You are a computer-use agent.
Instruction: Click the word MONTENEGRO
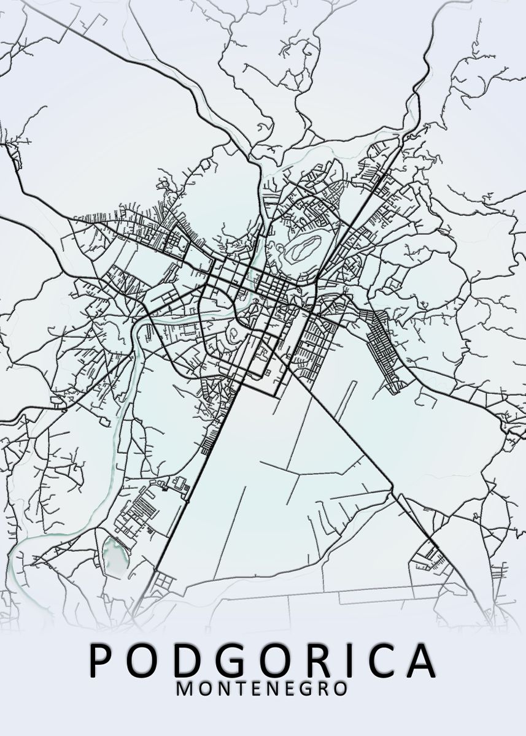[x=262, y=688]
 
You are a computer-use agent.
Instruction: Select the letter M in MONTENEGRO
[x=184, y=688]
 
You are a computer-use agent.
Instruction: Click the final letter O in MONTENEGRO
[x=341, y=688]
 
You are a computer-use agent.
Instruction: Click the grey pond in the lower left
[x=115, y=554]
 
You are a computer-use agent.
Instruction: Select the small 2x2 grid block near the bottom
[x=163, y=580]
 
